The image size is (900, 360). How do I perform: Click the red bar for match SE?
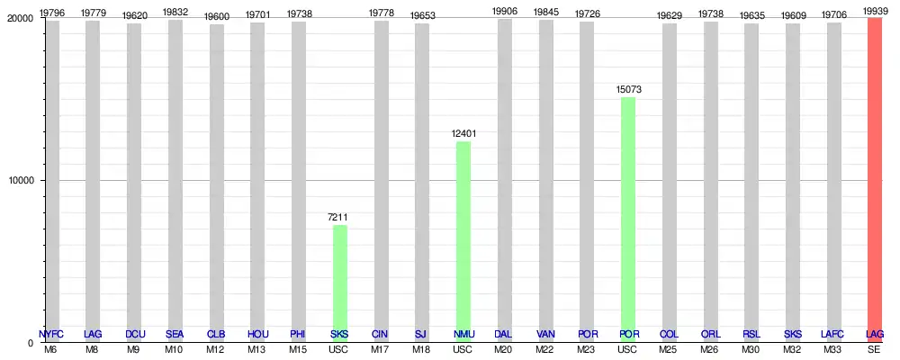pos(874,179)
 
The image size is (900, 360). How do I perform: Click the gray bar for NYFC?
pos(52,180)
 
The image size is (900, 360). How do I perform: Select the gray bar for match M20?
pos(504,180)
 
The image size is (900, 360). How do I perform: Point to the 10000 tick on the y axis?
pos(21,180)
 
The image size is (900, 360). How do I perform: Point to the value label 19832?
pos(175,12)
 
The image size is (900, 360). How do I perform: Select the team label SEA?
pos(175,335)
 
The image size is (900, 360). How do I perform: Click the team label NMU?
pos(463,335)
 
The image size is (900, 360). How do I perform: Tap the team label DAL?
pos(504,335)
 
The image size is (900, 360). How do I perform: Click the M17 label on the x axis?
pos(381,349)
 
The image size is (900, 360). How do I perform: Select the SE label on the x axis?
pos(874,349)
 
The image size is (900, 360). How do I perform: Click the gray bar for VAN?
pos(545,180)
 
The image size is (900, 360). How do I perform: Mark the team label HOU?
pos(257,335)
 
